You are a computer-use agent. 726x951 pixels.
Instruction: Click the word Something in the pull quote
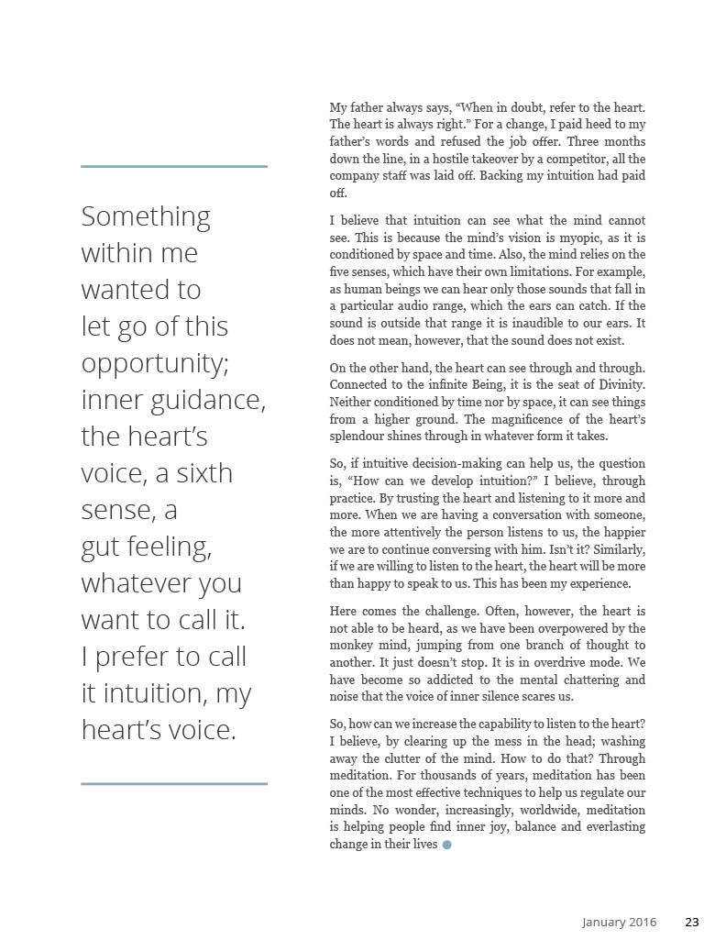[x=146, y=216]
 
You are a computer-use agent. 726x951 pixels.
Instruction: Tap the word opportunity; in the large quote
[x=155, y=363]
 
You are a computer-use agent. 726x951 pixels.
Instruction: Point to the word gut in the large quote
[x=100, y=547]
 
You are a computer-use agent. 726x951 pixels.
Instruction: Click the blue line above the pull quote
[x=174, y=167]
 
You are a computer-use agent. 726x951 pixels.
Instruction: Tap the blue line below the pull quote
[x=174, y=784]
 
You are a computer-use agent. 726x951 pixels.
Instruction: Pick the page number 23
[x=692, y=923]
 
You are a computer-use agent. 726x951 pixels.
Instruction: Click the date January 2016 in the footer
[x=619, y=923]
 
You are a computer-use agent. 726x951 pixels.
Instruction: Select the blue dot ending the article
[x=447, y=845]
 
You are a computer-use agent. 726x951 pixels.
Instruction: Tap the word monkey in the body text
[x=351, y=646]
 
